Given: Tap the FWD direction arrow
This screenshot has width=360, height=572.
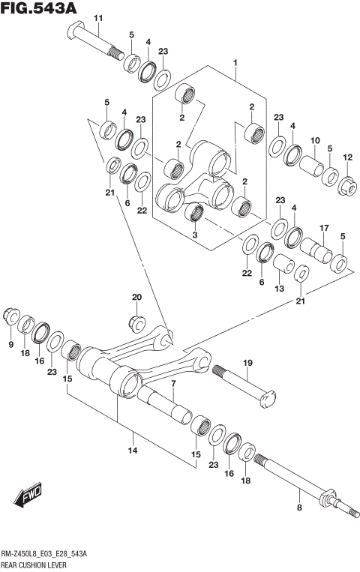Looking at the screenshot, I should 28,496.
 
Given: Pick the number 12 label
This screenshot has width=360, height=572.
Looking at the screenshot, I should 347,157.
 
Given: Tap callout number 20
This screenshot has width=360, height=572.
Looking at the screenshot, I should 136,298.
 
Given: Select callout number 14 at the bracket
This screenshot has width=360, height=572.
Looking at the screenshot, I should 133,451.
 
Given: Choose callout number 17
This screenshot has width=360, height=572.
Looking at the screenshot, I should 325,227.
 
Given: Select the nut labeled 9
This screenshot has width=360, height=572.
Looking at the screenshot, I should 10,316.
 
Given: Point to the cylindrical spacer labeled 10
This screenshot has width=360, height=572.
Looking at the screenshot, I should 310,162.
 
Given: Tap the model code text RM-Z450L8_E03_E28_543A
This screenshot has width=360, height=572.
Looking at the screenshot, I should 44,553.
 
